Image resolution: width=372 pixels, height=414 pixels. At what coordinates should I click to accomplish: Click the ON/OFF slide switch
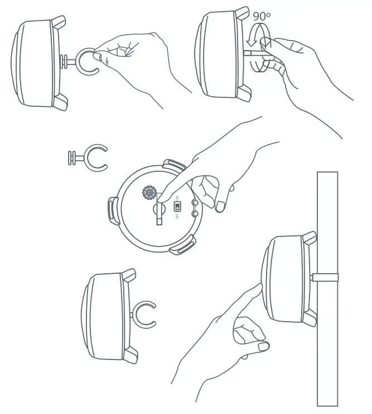(x=177, y=205)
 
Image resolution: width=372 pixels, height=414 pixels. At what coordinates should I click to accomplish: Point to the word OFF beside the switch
(x=177, y=216)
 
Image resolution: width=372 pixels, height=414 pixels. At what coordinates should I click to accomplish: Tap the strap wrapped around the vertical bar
(x=326, y=278)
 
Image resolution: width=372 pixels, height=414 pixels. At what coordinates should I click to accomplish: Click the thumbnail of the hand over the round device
(x=221, y=206)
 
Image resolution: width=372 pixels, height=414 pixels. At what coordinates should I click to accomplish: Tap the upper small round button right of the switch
(x=195, y=203)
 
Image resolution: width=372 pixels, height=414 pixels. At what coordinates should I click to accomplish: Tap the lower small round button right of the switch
(x=195, y=213)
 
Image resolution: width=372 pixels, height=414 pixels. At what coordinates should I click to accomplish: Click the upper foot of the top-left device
(x=58, y=23)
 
